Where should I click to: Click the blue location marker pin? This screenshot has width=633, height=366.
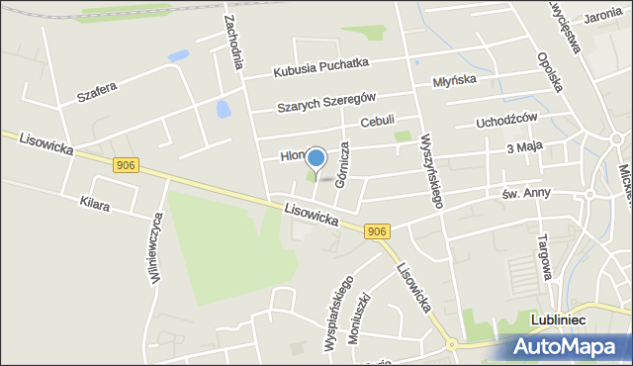[316, 158]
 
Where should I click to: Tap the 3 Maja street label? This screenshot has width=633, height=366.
[525, 147]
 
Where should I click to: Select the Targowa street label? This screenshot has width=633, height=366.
[542, 255]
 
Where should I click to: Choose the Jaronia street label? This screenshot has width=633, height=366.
[602, 17]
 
